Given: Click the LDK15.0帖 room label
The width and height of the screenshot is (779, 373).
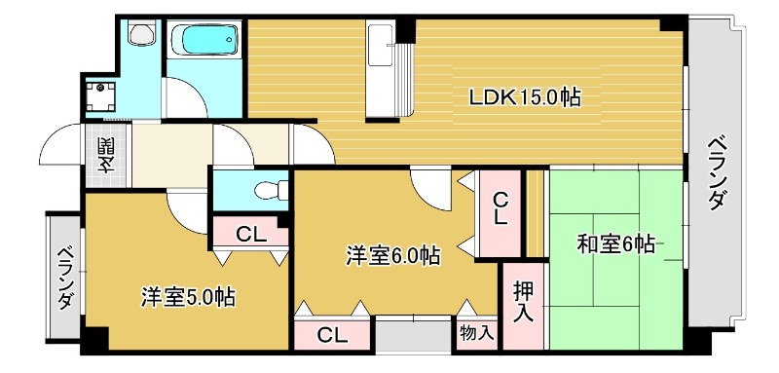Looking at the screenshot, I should coord(526,97).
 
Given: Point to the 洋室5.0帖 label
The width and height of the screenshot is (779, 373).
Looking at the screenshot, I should coord(187,295).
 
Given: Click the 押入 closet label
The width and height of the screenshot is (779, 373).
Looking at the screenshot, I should coord(523,303).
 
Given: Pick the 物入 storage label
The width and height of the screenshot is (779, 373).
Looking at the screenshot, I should coord(476,333).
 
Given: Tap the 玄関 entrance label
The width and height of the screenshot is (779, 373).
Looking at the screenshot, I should coord(104,156).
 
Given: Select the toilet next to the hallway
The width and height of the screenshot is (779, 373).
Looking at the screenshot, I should coord(264,188).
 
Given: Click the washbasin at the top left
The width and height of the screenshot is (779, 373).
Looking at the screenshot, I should coord(142,37).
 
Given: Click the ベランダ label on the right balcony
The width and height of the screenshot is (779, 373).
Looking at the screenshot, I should coord(716,170).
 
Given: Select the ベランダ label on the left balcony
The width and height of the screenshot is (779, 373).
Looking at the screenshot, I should coord(64,277).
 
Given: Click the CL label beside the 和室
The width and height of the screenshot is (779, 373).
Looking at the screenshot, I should coord(501,207).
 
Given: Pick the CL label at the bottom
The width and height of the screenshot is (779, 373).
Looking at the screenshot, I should coord(332,335).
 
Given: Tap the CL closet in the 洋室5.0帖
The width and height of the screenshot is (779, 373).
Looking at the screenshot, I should coord(250,234).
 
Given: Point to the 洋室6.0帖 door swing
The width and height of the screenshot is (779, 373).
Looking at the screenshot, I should coord(430,185).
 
